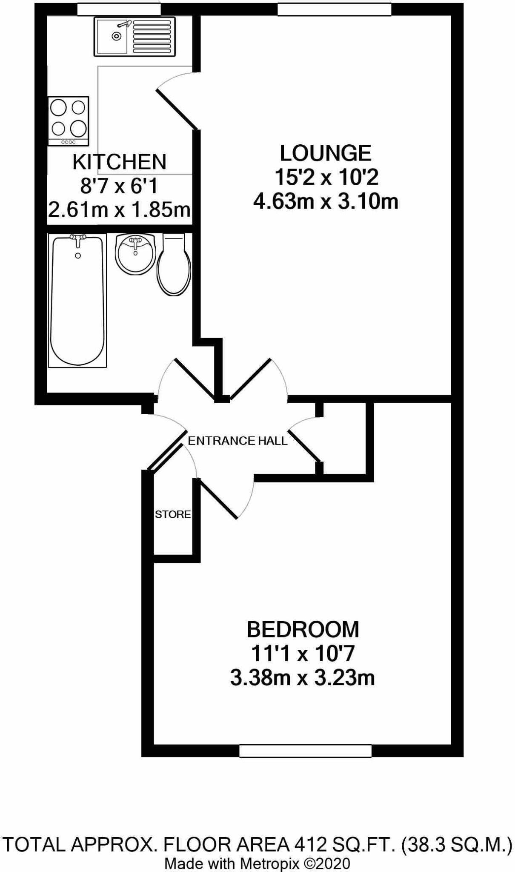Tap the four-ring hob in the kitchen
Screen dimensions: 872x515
69,121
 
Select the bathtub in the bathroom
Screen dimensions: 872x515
77,301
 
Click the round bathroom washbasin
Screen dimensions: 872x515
135,254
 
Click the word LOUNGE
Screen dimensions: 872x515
326,153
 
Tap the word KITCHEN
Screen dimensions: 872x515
119,162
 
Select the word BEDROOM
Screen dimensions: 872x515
303,629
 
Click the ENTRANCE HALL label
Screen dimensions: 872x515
237,441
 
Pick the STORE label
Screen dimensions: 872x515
172,514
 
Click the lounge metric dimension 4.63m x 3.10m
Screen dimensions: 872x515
326,201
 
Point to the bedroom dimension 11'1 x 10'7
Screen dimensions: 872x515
303,654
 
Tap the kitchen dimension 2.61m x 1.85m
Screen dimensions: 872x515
119,210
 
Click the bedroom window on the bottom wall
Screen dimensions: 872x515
305,751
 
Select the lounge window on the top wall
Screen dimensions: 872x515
334,9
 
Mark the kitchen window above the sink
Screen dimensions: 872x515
119,9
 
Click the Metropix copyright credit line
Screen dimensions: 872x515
257,863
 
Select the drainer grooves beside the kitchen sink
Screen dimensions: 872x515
152,37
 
